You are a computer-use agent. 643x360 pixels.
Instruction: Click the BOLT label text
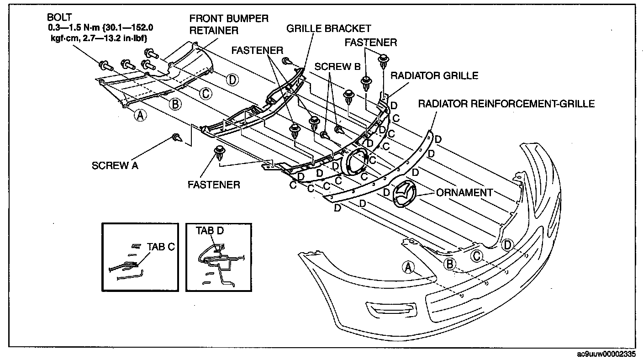click(x=59, y=17)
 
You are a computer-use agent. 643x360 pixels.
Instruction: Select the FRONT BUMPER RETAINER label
click(x=229, y=24)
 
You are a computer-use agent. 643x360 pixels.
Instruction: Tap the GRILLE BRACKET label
click(x=329, y=28)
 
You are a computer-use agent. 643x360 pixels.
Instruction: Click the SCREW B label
click(x=337, y=67)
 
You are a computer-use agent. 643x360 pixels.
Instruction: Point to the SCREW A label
click(x=115, y=165)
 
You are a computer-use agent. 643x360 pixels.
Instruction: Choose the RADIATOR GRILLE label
click(x=434, y=75)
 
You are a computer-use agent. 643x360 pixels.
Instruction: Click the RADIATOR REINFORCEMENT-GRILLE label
click(x=506, y=104)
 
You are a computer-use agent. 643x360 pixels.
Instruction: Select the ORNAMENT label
click(x=464, y=192)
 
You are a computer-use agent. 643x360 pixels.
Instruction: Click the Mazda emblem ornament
click(x=405, y=193)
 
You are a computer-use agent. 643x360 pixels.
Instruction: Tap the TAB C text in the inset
click(x=161, y=247)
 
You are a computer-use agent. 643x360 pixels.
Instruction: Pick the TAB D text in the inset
click(x=210, y=231)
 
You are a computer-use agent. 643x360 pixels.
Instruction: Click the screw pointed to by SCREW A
click(x=177, y=138)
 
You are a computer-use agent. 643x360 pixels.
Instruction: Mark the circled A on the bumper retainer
click(x=140, y=116)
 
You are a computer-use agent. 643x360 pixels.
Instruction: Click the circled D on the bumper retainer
click(x=232, y=80)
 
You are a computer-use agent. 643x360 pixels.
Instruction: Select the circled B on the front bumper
click(x=449, y=264)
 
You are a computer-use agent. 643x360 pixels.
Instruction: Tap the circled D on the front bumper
click(x=507, y=245)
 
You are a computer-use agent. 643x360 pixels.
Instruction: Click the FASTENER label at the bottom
click(x=214, y=185)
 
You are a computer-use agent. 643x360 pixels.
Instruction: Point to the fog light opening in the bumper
click(x=390, y=310)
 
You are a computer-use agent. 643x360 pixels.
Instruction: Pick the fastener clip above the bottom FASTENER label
click(x=220, y=154)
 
